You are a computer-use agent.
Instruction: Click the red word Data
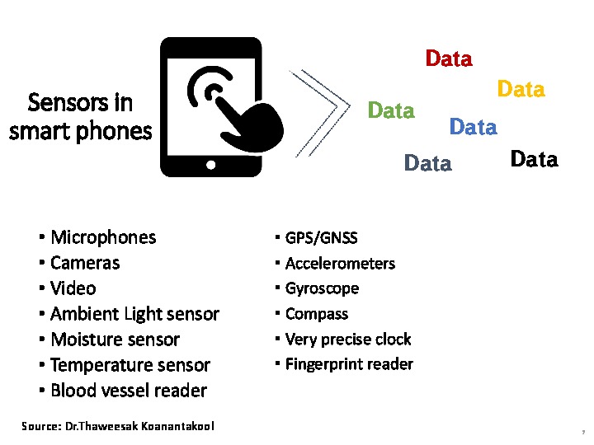click(449, 59)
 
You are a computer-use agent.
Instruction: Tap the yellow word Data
click(521, 89)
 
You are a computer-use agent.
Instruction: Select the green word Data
click(391, 110)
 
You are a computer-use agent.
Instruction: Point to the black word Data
click(534, 159)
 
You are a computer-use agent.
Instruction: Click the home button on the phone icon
click(211, 165)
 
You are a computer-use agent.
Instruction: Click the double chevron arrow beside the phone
click(318, 103)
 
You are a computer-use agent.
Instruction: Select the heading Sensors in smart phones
click(80, 116)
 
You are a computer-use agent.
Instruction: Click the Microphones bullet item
click(102, 237)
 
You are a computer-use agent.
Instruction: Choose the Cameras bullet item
click(84, 263)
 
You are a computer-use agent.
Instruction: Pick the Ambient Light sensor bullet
click(134, 314)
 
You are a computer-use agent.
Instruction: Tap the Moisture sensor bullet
click(115, 340)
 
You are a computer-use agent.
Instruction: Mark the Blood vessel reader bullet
click(128, 391)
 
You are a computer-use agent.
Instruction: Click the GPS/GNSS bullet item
click(321, 238)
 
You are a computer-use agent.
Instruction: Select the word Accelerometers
click(340, 264)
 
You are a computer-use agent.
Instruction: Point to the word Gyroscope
click(322, 288)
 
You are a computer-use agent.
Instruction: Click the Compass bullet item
click(316, 314)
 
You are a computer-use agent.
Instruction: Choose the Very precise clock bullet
click(347, 340)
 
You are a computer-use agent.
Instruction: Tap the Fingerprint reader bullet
click(349, 364)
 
